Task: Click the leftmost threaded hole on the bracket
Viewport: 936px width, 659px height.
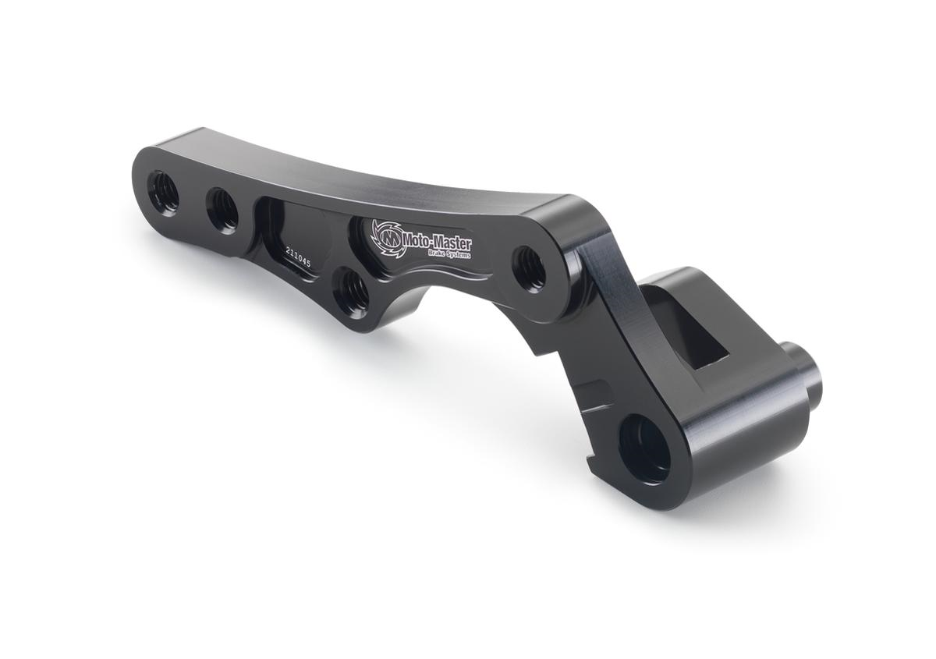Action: coord(163,193)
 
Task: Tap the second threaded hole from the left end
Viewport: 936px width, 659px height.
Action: coord(223,209)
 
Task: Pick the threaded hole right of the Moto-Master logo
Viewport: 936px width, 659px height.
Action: coord(531,268)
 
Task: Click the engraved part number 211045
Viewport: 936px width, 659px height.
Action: coord(299,258)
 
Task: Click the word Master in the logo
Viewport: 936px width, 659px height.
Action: coord(453,243)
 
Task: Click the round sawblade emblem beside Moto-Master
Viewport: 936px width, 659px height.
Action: coord(387,237)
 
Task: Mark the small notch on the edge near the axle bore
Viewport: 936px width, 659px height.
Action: coord(596,465)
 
